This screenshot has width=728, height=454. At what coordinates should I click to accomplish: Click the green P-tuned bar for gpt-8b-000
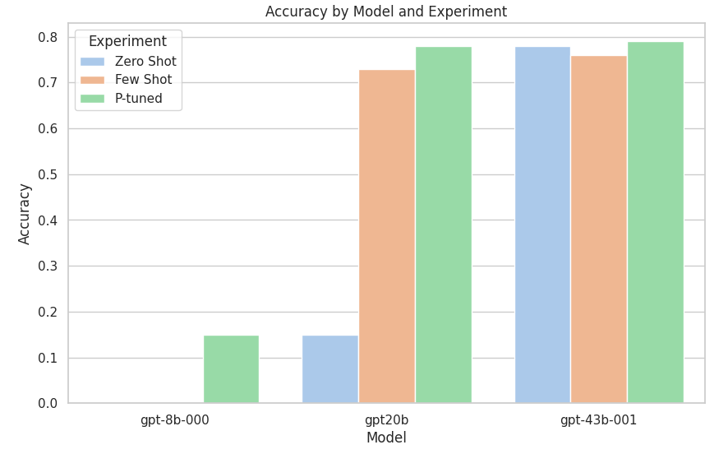point(231,369)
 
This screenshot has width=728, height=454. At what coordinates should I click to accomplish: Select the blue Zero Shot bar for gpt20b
point(330,369)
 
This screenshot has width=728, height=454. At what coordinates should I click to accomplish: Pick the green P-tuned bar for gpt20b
point(443,225)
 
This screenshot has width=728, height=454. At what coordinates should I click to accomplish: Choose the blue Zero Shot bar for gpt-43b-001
point(542,225)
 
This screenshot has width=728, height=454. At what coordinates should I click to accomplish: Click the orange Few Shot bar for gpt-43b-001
point(599,229)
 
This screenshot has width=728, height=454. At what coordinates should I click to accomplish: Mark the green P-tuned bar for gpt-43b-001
point(656,223)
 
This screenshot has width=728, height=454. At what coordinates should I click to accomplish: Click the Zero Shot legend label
point(145,62)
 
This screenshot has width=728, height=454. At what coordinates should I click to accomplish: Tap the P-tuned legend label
point(138,99)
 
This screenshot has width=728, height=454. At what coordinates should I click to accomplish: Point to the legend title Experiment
point(127,41)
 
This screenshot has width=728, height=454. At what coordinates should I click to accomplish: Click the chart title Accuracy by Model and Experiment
point(386,12)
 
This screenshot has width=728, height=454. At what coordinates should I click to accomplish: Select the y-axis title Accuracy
point(25,214)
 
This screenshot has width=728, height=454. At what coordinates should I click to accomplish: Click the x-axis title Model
point(386,438)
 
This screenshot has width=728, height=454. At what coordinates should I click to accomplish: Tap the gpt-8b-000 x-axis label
point(174,420)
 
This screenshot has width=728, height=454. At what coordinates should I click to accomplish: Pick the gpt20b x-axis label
point(386,420)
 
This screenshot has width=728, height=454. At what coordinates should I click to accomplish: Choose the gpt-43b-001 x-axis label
point(598,420)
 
